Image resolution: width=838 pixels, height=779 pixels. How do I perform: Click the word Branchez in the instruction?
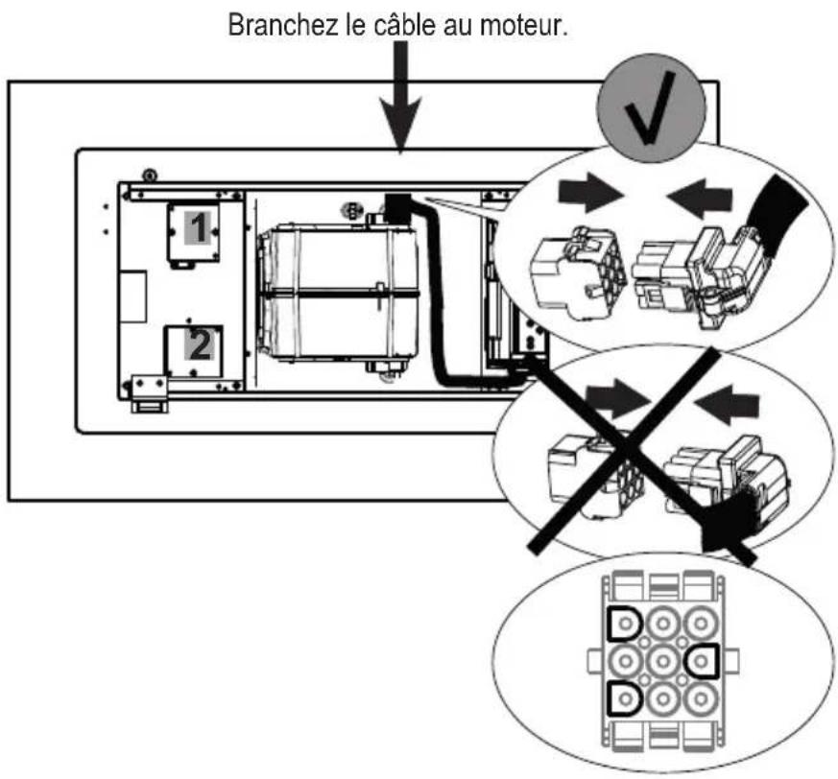coord(284,25)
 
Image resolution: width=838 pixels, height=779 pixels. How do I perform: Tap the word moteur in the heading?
coord(519,26)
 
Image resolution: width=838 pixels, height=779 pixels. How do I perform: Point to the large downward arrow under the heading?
coord(400,97)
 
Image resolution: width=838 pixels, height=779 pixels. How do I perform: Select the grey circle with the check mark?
coord(651,106)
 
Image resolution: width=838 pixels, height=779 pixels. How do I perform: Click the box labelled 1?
coord(194,232)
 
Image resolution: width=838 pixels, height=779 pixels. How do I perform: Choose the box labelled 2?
coord(195,350)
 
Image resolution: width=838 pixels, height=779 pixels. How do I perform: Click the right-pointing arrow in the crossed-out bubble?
coord(618,398)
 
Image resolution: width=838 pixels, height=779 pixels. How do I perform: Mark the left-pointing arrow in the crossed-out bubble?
coord(726,405)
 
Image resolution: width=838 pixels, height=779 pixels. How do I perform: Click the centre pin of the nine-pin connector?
coord(662,661)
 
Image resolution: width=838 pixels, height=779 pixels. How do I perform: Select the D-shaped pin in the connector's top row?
coord(625,624)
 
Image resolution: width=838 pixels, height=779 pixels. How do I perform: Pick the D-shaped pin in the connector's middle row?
coord(701,661)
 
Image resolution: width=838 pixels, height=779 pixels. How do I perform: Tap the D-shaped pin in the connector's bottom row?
coord(625,698)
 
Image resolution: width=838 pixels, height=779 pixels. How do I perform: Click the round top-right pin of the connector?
coord(701,624)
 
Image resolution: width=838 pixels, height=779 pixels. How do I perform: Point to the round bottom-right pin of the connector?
coord(701,698)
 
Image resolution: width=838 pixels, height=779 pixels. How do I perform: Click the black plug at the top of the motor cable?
coord(396,208)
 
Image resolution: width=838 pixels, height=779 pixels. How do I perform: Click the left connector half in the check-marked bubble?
coord(578,273)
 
